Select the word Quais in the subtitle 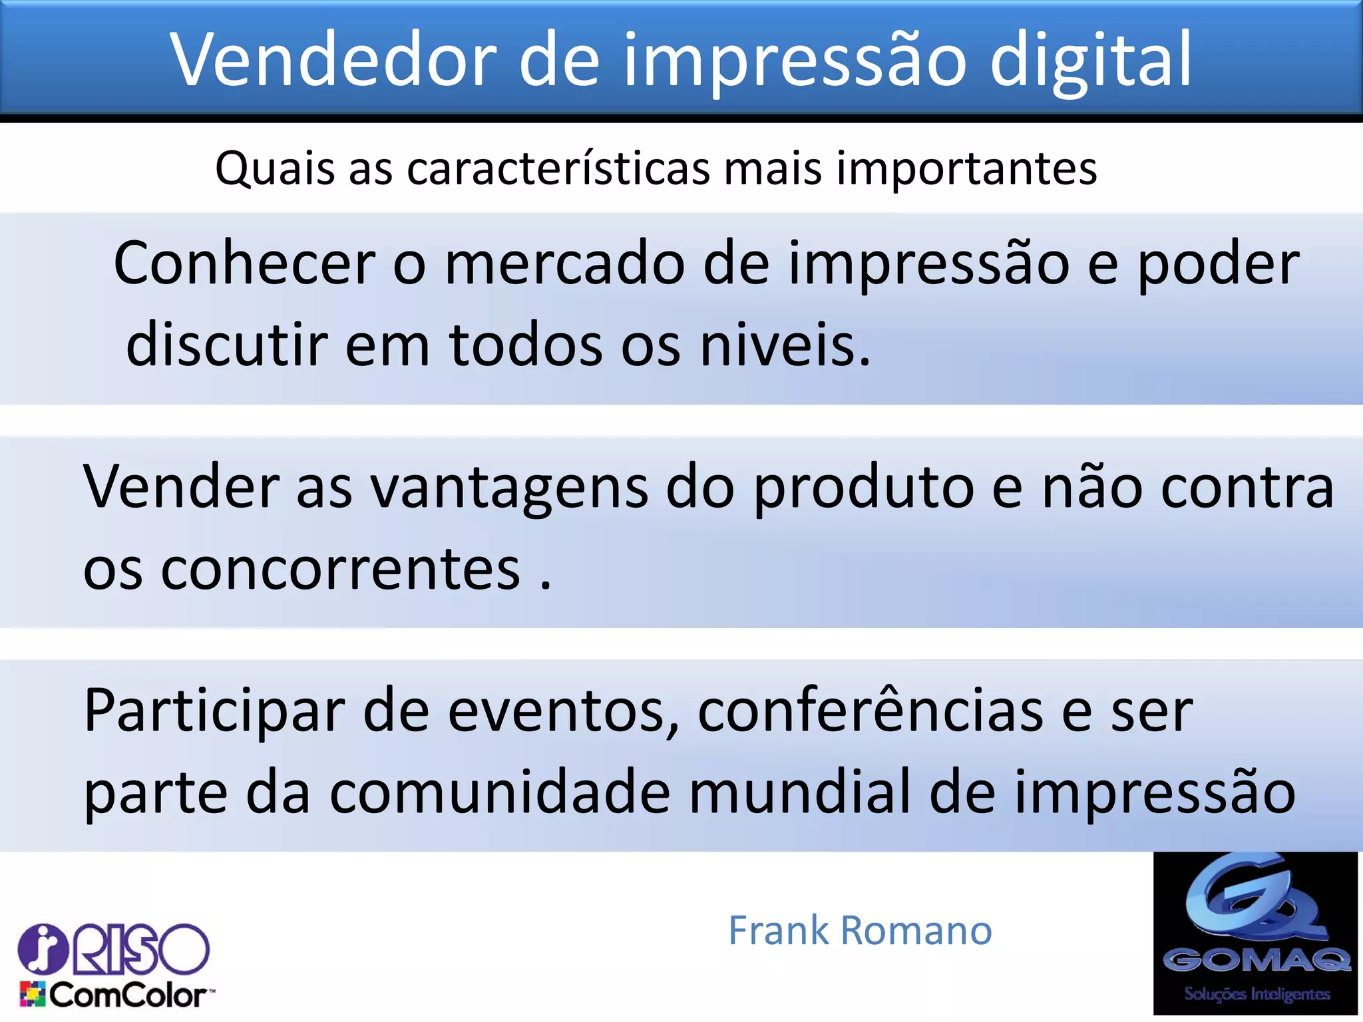click(275, 168)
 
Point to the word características click(558, 168)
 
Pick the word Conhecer click(244, 263)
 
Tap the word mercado click(564, 264)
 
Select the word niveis click(785, 345)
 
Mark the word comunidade click(500, 792)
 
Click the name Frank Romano click(860, 930)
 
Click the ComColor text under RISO click(126, 995)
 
